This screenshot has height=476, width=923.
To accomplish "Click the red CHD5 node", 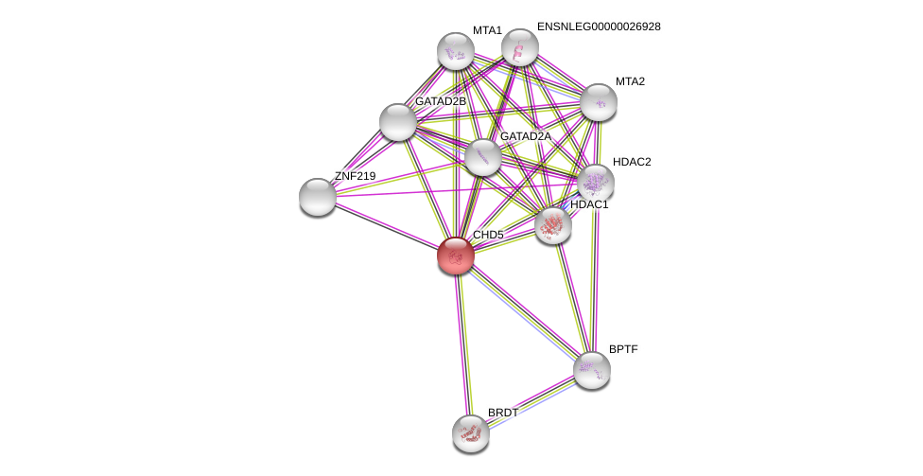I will pos(455,255).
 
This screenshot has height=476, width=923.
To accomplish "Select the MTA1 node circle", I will pos(455,51).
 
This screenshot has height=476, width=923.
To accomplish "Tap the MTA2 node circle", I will pos(598,102).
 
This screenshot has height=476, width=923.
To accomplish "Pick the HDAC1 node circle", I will pos(552,225).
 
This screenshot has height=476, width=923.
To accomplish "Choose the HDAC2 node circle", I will pos(595,183).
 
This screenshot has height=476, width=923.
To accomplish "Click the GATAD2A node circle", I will pos(482,157).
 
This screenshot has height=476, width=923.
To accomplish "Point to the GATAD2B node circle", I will pos(397,122).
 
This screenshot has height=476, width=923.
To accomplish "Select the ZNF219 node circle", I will pos(317,197).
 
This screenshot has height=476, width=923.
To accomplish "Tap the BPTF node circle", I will pos(591,370).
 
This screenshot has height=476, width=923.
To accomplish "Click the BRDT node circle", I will pos(470,433).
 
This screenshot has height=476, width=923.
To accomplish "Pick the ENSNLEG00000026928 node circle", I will pos(519,47).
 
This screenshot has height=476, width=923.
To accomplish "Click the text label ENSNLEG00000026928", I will pos(599,26).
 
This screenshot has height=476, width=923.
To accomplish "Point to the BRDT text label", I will pos(503,413).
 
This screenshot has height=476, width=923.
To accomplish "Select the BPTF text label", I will pos(623,349).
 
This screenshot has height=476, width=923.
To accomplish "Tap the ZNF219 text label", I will pos(355,176).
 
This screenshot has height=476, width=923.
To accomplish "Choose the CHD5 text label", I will pos(488,235).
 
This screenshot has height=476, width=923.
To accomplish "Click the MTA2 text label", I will pos(630,81).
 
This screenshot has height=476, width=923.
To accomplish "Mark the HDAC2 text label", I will pos(631,162).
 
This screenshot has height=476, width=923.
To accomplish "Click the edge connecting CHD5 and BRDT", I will pos(462,344).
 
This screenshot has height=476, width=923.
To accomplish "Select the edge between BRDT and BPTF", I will pos(531,402).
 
